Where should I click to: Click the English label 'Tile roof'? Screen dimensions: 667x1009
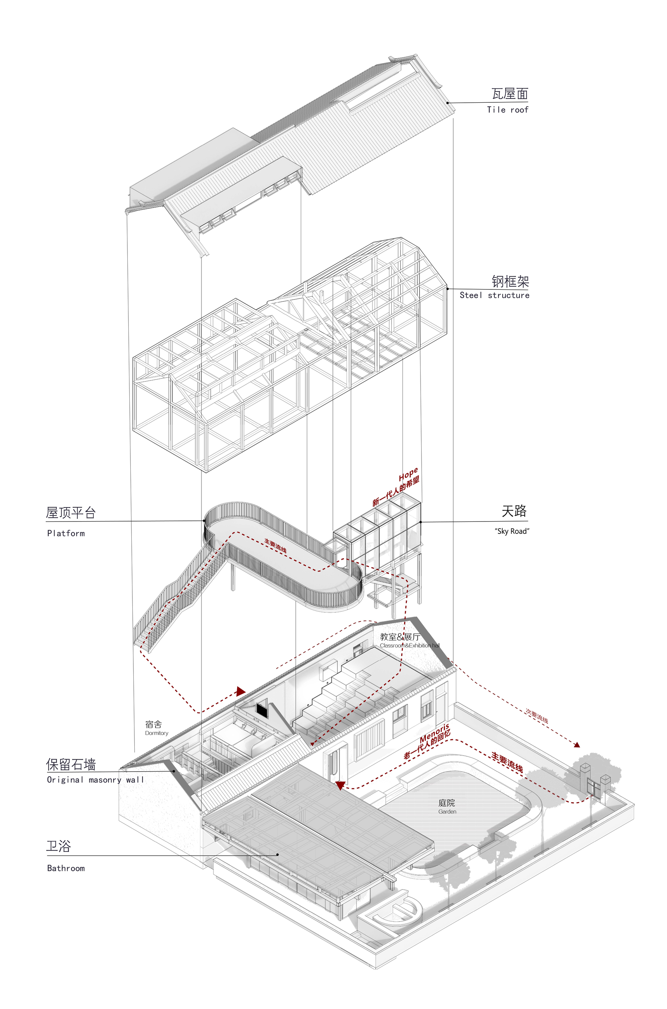click(x=508, y=110)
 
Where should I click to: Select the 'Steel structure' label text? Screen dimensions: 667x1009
click(x=494, y=295)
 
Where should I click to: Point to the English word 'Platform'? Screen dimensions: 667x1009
click(x=66, y=533)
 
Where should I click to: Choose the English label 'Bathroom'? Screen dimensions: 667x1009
click(x=66, y=868)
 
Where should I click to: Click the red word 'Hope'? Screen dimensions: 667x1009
click(x=408, y=474)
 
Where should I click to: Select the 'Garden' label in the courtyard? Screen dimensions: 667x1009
click(x=447, y=812)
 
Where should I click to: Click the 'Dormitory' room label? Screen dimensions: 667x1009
click(x=156, y=733)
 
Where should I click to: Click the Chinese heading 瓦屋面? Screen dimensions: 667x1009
click(x=510, y=94)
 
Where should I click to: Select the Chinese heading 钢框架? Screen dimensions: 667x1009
click(x=511, y=281)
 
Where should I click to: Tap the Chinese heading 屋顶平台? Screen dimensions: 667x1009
click(x=71, y=513)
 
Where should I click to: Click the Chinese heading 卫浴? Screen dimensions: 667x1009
click(x=58, y=846)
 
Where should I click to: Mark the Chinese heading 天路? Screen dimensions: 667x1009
click(x=514, y=511)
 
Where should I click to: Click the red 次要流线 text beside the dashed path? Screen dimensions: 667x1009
click(x=536, y=716)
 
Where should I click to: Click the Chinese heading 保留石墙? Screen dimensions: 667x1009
click(x=71, y=765)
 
